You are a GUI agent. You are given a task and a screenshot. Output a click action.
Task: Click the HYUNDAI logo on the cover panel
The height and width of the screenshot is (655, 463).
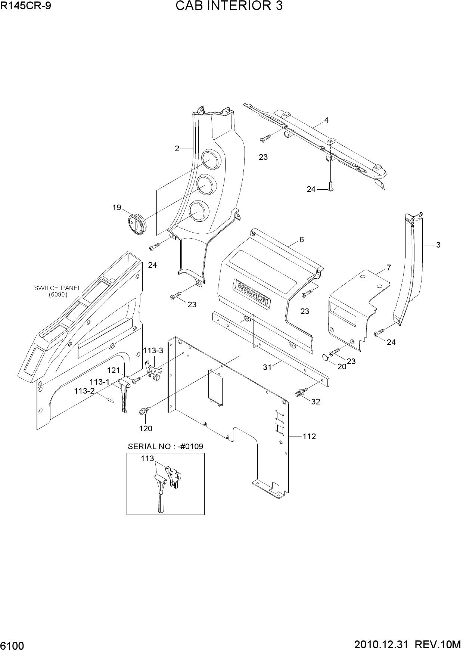tap(253, 294)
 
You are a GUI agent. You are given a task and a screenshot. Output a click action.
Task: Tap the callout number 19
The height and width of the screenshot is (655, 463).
tap(117, 207)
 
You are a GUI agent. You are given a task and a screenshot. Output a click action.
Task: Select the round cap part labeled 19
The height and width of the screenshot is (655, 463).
tap(137, 225)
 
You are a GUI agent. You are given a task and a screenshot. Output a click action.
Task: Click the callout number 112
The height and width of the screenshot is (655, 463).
tap(309, 436)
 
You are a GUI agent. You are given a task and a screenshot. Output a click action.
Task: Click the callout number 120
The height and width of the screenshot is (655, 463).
tap(146, 429)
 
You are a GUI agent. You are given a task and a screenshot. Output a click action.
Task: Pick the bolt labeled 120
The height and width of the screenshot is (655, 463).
tap(144, 410)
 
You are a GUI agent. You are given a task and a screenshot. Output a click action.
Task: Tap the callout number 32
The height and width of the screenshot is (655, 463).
tap(316, 402)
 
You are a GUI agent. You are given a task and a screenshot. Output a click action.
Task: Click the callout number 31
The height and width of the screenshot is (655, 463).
tap(267, 367)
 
